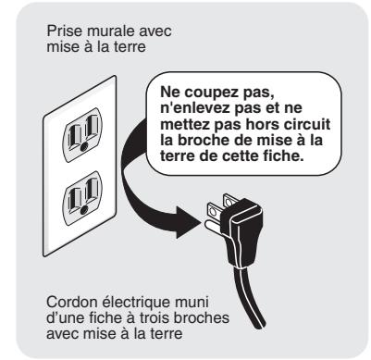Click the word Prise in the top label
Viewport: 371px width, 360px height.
tap(60, 31)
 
